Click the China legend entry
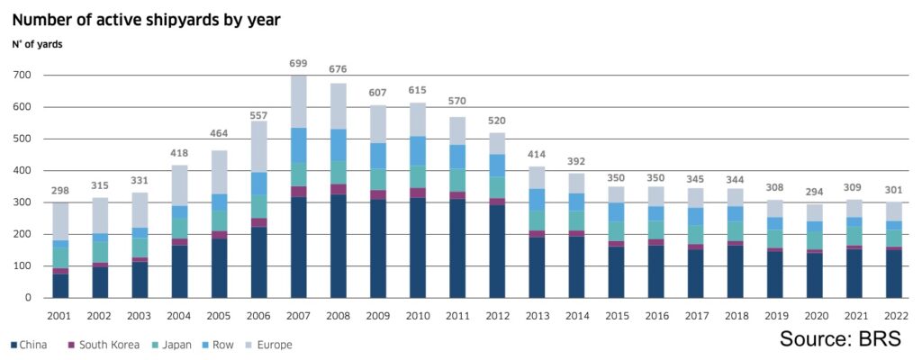click(29, 344)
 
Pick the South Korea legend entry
click(104, 344)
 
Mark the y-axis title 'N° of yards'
click(37, 43)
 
